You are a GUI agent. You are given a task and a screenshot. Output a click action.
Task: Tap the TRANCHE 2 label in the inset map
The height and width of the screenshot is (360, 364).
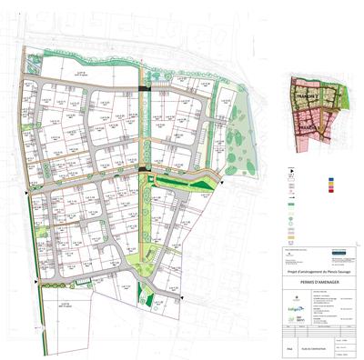tap(306, 94)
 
